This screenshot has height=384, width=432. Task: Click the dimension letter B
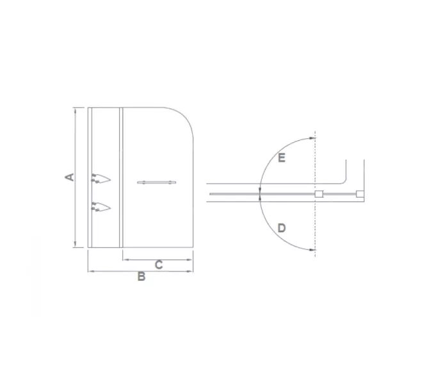coord(141,277)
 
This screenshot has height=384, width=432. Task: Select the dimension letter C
coord(159,264)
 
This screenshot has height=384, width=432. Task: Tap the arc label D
coord(282,228)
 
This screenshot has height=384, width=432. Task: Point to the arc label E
coord(281,157)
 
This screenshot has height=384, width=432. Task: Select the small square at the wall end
coord(360,193)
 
